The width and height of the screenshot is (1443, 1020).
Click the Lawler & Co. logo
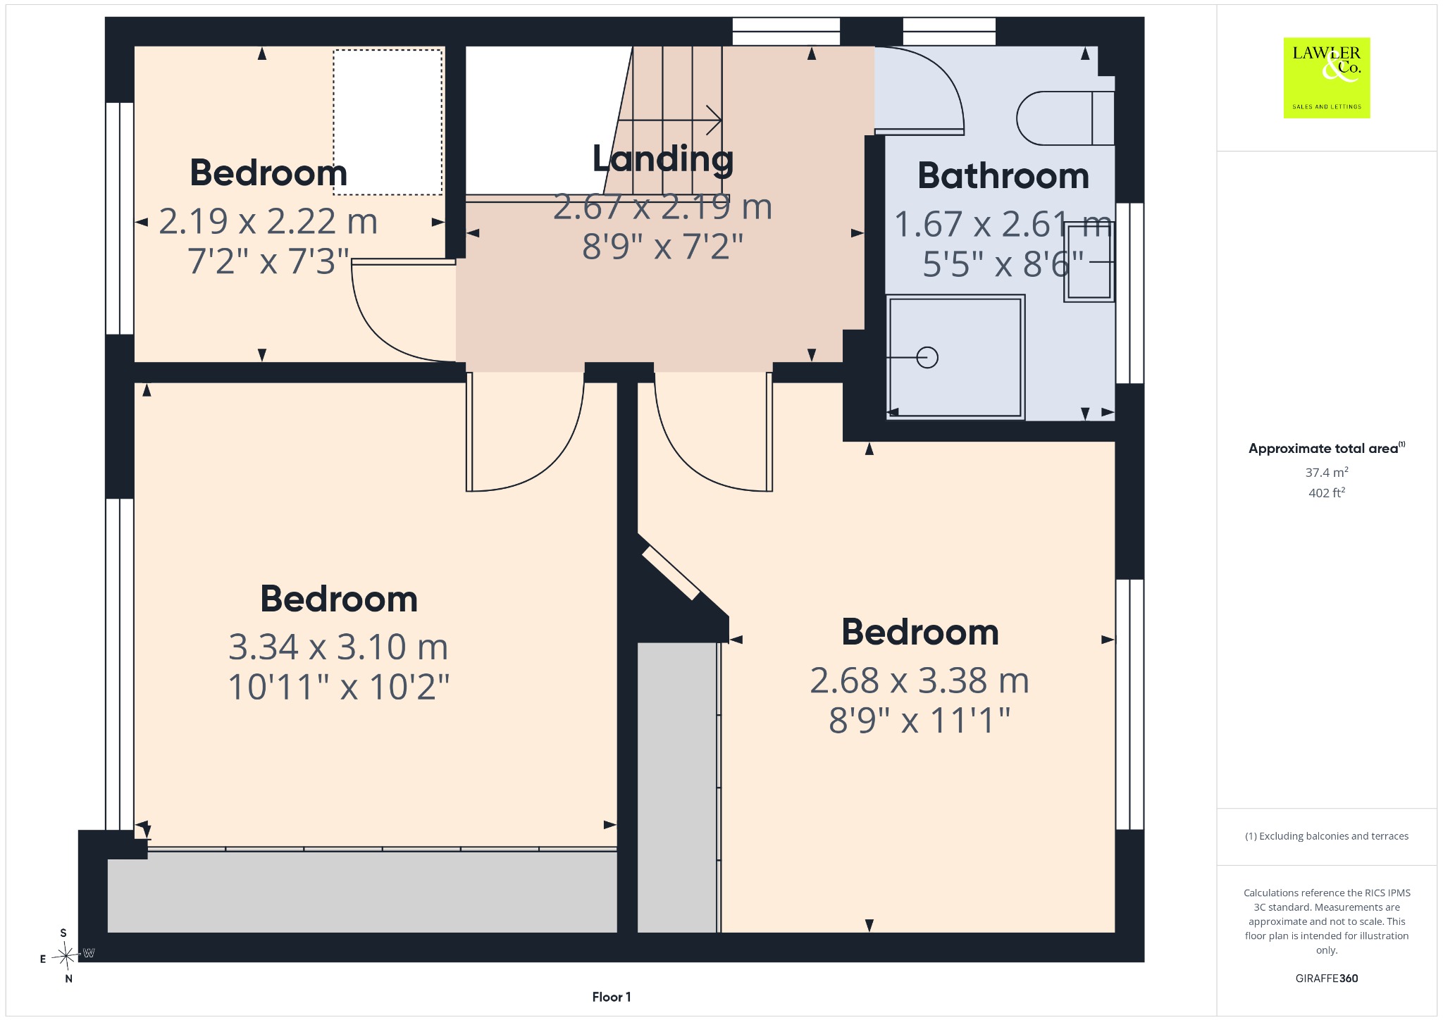(1327, 77)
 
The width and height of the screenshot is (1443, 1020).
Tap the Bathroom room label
(1003, 175)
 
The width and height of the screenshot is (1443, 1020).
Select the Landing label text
(663, 159)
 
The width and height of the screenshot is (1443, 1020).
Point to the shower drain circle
(927, 358)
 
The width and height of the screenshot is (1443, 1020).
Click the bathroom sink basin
(1089, 262)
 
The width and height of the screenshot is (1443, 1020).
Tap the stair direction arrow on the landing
(669, 120)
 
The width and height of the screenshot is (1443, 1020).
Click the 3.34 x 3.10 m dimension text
(338, 647)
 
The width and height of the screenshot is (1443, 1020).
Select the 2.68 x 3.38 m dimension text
(919, 680)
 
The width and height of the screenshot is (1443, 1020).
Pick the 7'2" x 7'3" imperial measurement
(268, 261)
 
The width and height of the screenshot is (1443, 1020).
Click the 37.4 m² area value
(1327, 472)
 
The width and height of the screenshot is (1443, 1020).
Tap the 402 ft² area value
(1327, 492)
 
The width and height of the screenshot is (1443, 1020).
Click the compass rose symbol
(66, 956)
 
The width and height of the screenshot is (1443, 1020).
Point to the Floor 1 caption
(612, 997)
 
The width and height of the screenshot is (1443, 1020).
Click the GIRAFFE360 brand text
(1327, 978)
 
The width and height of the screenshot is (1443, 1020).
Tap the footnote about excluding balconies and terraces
(1327, 836)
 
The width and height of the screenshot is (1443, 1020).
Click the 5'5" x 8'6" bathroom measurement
(1003, 265)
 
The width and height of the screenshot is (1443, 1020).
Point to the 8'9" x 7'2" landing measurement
(663, 247)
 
